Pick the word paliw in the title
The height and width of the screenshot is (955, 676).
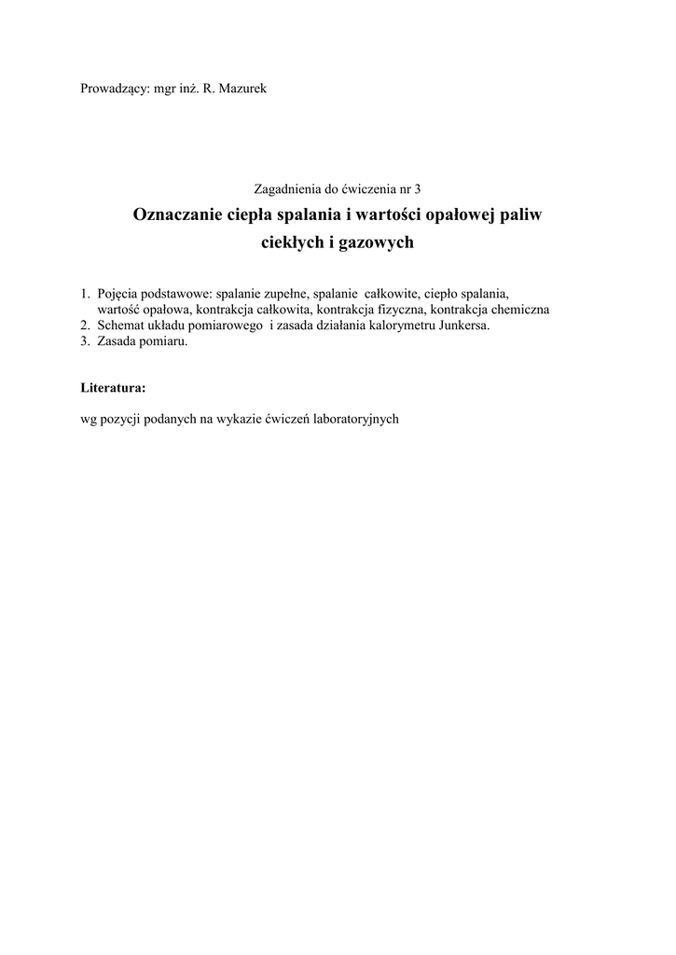point(520,215)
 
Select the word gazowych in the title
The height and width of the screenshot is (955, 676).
point(373,243)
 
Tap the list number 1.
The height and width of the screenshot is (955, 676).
point(85,295)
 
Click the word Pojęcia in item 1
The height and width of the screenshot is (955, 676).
point(118,295)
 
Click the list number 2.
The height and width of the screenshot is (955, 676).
point(85,325)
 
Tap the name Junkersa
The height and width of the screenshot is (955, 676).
point(463,325)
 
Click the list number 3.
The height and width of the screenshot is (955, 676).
point(85,341)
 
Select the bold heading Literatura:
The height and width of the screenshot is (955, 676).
point(113,386)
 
